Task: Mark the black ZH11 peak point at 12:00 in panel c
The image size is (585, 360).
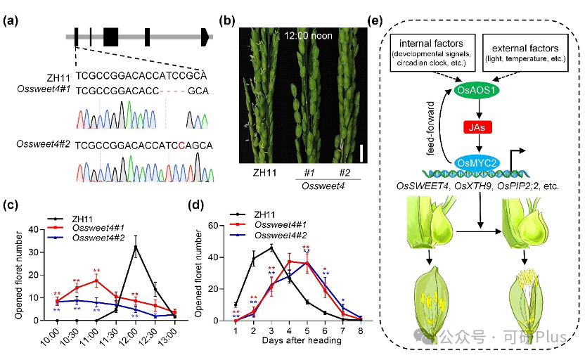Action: (x=136, y=247)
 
